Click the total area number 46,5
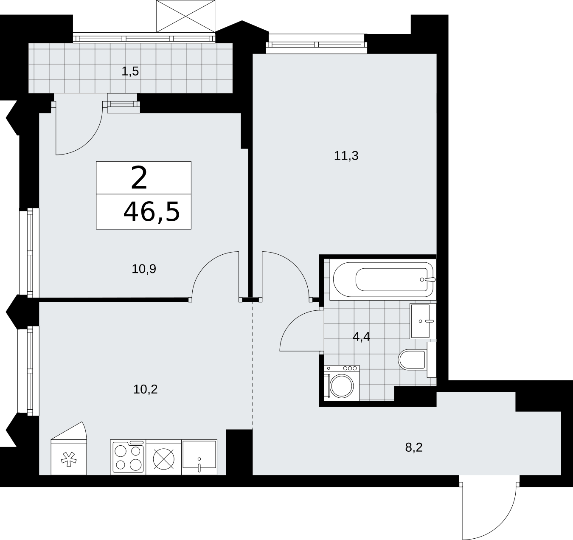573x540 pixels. coord(152,212)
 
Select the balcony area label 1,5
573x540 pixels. coord(130,72)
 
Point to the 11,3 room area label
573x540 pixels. coord(346,156)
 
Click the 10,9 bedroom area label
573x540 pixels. coord(144,269)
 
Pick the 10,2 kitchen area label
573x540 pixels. coord(146,389)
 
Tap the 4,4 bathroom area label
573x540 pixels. coord(362,337)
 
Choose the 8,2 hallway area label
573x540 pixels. coord(414,447)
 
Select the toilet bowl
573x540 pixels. coord(413,360)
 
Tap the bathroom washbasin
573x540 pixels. coord(423,321)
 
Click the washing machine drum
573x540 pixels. coord(342,385)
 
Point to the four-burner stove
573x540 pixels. coord(128,457)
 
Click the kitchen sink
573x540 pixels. coord(199,457)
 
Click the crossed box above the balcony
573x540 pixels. coord(185,16)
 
